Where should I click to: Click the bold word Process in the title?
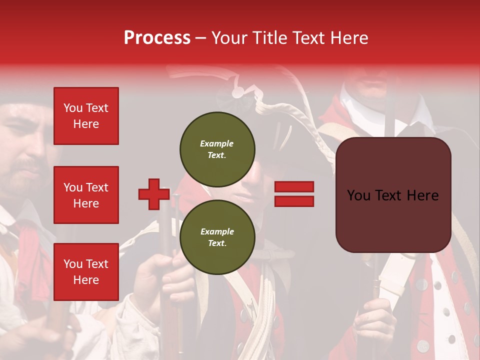[x=157, y=38]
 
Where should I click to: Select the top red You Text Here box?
[x=86, y=116]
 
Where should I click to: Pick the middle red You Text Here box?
[x=86, y=195]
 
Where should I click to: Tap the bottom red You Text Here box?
[x=86, y=271]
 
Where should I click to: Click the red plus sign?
[x=154, y=194]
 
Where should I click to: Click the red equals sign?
[x=294, y=194]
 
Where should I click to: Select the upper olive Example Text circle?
[x=217, y=149]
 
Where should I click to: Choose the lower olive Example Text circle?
[x=217, y=237]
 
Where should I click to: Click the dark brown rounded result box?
[x=393, y=195]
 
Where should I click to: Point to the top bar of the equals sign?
[x=294, y=186]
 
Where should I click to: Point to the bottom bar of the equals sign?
[x=294, y=201]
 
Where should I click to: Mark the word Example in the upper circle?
[x=217, y=143]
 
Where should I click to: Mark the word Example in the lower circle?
[x=217, y=231]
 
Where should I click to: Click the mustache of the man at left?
[x=25, y=165]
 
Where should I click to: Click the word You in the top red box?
[x=72, y=108]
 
